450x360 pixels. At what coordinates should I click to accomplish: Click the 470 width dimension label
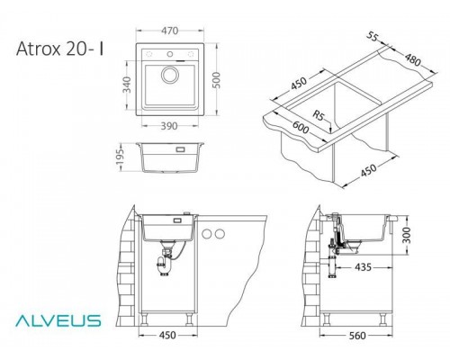tap(170, 31)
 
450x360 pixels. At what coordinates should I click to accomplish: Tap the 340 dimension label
tap(127, 85)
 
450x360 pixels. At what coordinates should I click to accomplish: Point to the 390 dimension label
tap(169, 126)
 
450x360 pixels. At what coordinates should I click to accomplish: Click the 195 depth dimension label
tap(120, 157)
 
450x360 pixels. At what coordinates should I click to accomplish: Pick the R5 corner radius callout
tap(319, 115)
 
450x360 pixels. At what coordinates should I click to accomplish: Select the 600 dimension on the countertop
tap(301, 127)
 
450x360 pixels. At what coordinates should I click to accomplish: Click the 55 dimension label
tap(373, 37)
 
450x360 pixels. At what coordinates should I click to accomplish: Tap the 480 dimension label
tap(413, 60)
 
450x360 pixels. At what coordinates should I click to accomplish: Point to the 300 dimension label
tap(406, 236)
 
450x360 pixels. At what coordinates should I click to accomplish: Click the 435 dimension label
tap(363, 266)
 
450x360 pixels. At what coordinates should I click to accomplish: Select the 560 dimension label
tap(357, 335)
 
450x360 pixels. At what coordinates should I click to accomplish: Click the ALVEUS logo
tap(58, 320)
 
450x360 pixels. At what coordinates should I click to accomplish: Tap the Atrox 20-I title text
tap(60, 49)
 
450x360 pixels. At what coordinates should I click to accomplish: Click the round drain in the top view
tap(170, 75)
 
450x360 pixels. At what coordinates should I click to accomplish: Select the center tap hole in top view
tap(170, 54)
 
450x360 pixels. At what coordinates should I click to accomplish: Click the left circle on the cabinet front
tap(207, 234)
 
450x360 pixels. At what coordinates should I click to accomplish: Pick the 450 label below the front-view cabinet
tap(167, 335)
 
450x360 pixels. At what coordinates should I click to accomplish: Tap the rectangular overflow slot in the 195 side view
tap(180, 149)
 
